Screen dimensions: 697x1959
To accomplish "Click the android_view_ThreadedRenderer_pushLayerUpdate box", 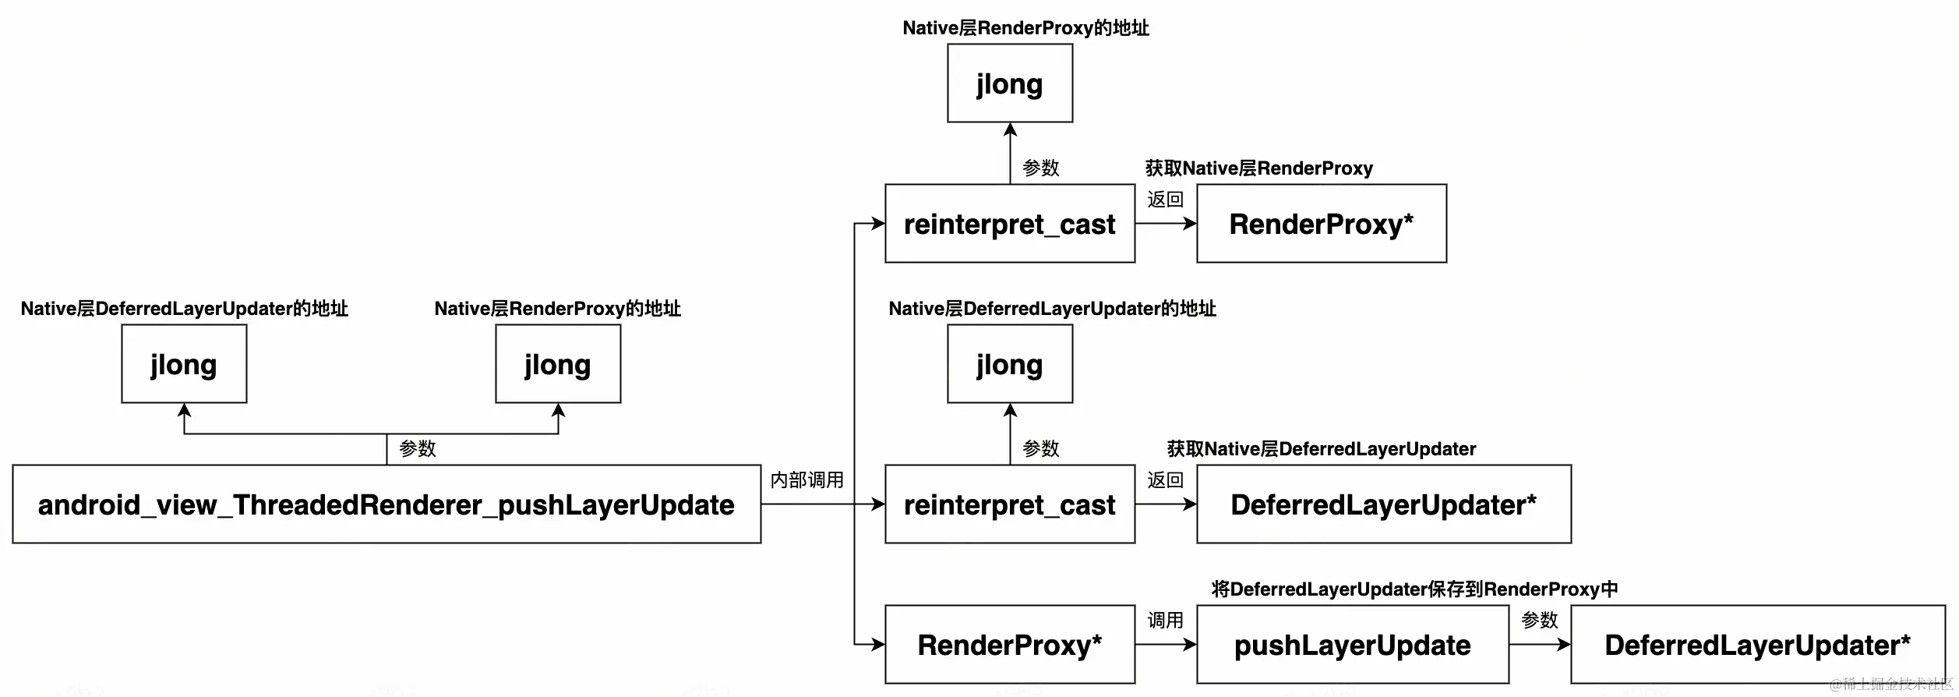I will click(x=387, y=504).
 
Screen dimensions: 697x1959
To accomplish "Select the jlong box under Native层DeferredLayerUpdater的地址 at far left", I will click(x=184, y=364).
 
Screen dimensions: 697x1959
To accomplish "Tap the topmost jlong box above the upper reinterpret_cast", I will click(x=1010, y=83).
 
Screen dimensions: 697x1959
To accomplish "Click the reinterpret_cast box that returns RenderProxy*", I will click(x=1010, y=224).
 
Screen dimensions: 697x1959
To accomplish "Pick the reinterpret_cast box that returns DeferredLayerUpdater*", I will click(x=1010, y=504).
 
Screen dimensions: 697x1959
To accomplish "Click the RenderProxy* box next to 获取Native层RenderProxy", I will click(x=1322, y=224).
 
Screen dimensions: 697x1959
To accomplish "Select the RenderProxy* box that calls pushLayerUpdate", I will click(x=1010, y=645).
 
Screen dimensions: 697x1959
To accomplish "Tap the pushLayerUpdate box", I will click(x=1353, y=645).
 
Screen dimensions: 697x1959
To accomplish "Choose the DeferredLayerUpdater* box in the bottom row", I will click(x=1758, y=645).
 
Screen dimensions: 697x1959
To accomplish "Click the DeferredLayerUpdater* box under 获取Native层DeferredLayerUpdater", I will click(x=1384, y=504).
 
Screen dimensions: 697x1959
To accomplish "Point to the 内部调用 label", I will click(x=807, y=480).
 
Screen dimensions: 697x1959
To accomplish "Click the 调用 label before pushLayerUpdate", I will click(x=1166, y=621).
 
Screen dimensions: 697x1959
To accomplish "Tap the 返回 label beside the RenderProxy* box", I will click(x=1166, y=200).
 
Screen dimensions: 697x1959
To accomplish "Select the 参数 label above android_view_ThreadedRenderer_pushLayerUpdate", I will click(x=418, y=449).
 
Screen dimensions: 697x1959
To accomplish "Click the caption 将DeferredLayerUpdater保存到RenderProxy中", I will click(x=1415, y=589).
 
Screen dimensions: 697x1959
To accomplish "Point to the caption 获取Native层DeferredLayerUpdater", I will click(x=1322, y=449).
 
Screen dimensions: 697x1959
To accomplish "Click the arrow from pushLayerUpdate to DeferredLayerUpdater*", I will click(x=1540, y=645).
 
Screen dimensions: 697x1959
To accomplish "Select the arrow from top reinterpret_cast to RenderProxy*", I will click(x=1166, y=224).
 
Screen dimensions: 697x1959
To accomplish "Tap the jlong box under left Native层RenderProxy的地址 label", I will click(x=558, y=364).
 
